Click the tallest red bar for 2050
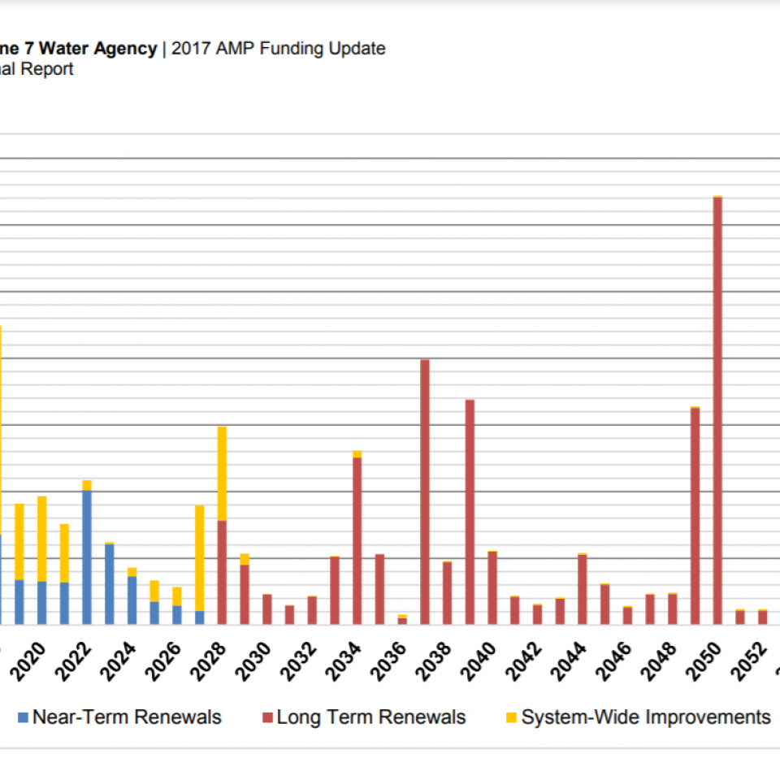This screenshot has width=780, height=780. (x=717, y=410)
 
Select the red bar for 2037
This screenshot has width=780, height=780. (x=425, y=492)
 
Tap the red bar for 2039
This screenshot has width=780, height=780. (x=470, y=512)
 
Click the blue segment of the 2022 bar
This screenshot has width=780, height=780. (x=87, y=557)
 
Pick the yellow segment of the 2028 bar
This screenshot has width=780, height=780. (x=222, y=473)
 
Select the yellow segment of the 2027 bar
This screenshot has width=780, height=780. (x=200, y=557)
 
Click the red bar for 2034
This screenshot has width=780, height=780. (x=357, y=541)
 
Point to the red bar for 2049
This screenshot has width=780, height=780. (x=695, y=516)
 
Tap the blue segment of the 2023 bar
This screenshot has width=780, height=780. (x=110, y=583)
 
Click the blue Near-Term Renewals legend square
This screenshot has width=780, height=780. (x=23, y=717)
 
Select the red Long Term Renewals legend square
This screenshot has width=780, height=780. (x=267, y=717)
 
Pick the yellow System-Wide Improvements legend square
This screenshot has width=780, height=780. (x=511, y=717)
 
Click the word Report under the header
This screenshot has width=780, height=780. (x=47, y=69)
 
